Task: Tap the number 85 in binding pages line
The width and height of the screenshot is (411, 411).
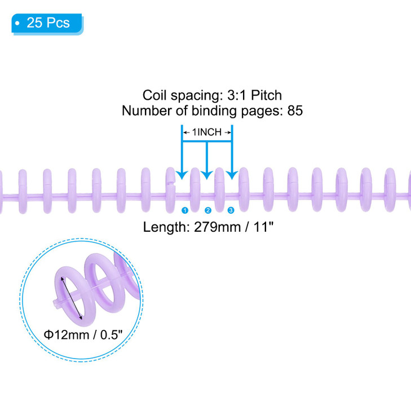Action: (x=295, y=111)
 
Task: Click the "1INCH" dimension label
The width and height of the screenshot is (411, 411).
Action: (x=207, y=132)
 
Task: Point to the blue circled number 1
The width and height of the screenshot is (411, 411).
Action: (x=184, y=210)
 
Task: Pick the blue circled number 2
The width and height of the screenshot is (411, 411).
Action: (x=207, y=210)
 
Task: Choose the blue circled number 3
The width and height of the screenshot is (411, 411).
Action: (x=231, y=210)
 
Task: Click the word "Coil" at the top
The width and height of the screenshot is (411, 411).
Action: (x=153, y=95)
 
